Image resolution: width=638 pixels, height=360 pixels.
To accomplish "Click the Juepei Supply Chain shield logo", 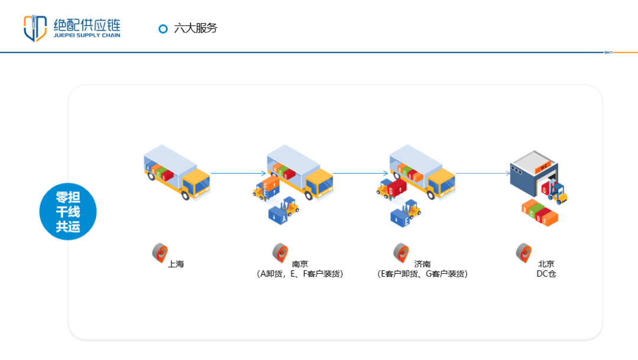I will tap(35, 28).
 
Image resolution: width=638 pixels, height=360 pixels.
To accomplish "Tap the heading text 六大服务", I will tap(196, 28).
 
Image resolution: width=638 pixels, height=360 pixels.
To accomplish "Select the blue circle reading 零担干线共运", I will tap(68, 212).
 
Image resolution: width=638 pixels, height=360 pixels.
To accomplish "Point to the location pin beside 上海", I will tap(159, 252).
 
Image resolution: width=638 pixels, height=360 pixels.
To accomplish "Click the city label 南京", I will tap(300, 264).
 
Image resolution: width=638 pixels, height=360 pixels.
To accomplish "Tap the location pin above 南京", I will tap(279, 252).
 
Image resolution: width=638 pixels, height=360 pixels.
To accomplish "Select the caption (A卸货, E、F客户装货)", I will tap(300, 274).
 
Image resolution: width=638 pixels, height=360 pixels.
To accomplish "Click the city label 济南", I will tap(422, 264).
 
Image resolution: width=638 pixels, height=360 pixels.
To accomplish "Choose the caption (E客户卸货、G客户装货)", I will tap(422, 274).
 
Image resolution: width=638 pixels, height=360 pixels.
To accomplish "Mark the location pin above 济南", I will tap(401, 252).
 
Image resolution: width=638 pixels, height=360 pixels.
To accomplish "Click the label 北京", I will tap(546, 264).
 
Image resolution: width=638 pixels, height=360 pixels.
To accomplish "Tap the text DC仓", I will tap(546, 274).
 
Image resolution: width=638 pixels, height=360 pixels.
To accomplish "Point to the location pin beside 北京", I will tap(523, 252).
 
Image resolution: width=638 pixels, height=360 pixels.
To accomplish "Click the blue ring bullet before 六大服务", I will tap(163, 28).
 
